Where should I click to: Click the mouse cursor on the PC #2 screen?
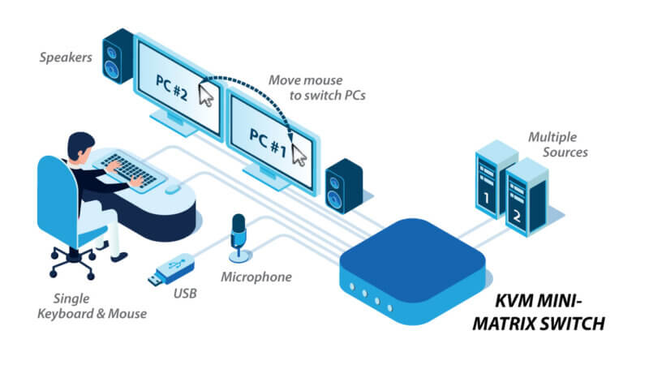pos(208,95)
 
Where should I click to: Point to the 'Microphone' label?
pos(256,277)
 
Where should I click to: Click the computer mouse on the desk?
pos(172,189)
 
